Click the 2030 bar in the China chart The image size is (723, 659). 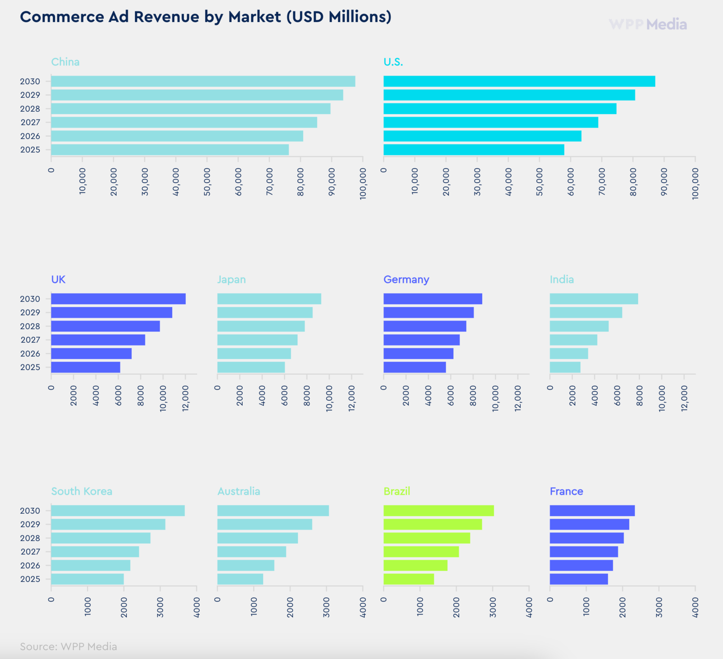[x=203, y=81]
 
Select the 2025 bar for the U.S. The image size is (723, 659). [x=474, y=150]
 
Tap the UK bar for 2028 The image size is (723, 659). [x=105, y=326]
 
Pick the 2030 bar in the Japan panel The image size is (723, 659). [x=269, y=299]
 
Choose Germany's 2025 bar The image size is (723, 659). [x=415, y=367]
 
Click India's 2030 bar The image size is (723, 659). [x=594, y=299]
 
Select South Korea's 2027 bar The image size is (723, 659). [x=95, y=552]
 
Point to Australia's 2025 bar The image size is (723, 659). [x=240, y=579]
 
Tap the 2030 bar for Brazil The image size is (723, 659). [x=439, y=511]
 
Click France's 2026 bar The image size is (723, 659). [x=582, y=565]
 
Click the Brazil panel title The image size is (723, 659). [x=397, y=491]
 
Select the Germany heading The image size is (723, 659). [x=406, y=280]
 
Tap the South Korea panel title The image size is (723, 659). [x=82, y=491]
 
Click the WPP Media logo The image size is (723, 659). [x=648, y=24]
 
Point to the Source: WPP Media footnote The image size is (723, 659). [x=68, y=646]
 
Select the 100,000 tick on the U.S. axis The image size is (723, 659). [x=695, y=184]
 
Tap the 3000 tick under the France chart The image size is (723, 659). [x=659, y=607]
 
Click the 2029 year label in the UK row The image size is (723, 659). [x=30, y=313]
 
